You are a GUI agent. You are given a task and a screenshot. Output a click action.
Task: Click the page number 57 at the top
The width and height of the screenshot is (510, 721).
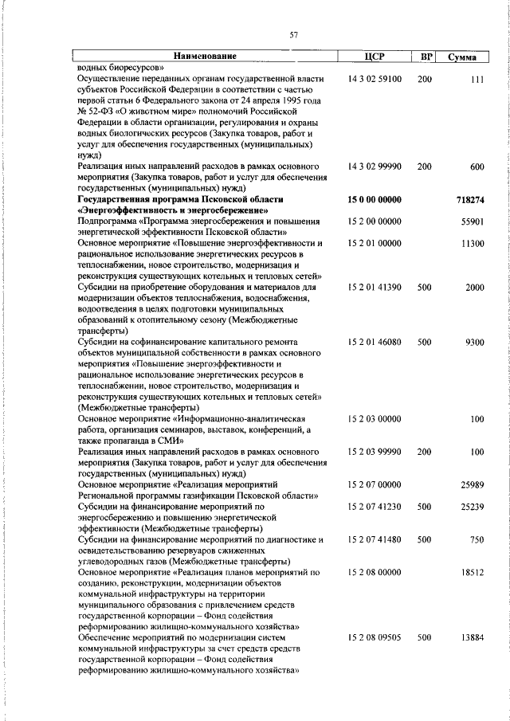[293, 34]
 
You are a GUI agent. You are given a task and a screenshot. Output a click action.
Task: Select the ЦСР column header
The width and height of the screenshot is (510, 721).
[374, 57]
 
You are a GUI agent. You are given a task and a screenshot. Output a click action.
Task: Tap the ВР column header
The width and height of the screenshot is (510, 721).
[426, 57]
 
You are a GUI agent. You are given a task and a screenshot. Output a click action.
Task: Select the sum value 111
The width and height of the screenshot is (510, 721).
[477, 80]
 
